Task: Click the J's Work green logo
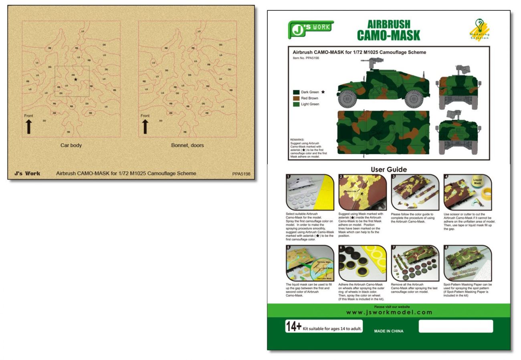tap(310, 29)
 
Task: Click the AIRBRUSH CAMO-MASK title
tap(388, 30)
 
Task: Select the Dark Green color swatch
tap(296, 92)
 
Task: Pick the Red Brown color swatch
tap(296, 98)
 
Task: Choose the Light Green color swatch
tap(296, 104)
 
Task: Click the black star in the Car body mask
tap(76, 80)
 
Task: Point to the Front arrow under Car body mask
tap(29, 126)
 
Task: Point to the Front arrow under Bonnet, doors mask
tap(145, 126)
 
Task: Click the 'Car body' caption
tap(71, 145)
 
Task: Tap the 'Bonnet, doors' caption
tap(187, 145)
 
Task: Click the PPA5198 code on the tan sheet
tap(241, 174)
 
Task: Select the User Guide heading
tap(388, 169)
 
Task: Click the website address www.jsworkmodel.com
tap(389, 312)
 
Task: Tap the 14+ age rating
tap(293, 327)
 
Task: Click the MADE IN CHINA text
tap(388, 331)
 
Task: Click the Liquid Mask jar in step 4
tap(477, 182)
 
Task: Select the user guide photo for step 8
tap(467, 263)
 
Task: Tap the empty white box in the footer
tap(456, 326)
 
